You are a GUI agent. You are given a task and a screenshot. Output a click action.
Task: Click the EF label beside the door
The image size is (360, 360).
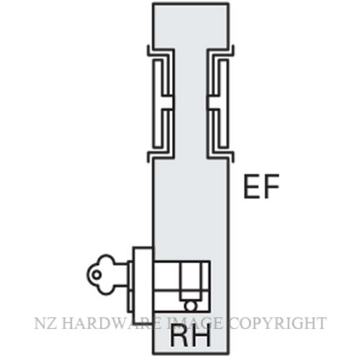tap(261, 186)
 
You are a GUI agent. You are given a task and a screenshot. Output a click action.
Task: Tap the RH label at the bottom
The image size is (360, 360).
tap(190, 336)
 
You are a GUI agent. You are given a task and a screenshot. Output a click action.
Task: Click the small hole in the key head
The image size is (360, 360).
tap(96, 275)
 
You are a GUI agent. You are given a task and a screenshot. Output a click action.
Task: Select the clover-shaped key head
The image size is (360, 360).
tap(101, 274)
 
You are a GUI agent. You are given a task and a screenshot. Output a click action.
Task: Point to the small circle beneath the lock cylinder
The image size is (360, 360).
tap(191, 306)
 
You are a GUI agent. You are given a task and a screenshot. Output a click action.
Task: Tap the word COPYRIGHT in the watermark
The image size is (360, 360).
tap(277, 323)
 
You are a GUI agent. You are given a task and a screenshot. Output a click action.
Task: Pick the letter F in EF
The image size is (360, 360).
tap(271, 186)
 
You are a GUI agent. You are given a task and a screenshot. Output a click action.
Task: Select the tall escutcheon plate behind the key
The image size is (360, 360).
tap(143, 285)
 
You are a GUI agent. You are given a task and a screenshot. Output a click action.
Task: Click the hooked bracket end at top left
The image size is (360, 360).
tap(149, 51)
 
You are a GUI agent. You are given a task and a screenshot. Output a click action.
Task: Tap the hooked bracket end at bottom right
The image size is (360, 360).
tap(233, 156)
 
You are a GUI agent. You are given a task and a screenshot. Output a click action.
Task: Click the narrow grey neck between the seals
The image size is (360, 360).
tap(191, 103)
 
